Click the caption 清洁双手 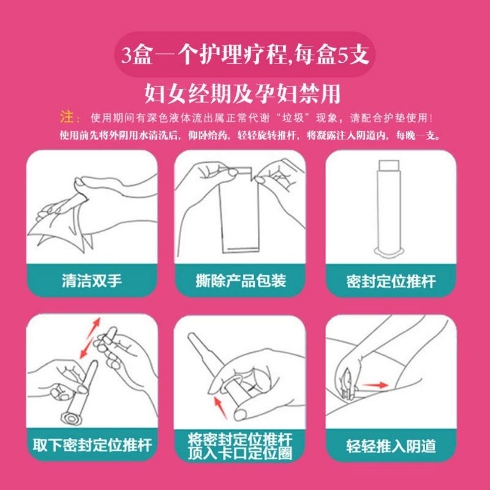pos(91,280)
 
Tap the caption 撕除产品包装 pos(240,280)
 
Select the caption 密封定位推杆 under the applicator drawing pos(390,281)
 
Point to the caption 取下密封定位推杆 pos(92,445)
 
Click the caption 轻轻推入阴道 pos(390,446)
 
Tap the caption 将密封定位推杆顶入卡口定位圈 pos(240,446)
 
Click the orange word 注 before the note pos(66,117)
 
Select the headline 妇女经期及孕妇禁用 pos(242,93)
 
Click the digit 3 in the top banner pos(127,56)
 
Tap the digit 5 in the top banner pos(343,56)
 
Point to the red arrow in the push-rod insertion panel pos(220,407)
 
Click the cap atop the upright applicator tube pos(388,165)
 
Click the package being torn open pos(239,210)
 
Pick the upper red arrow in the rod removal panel pos(94,327)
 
